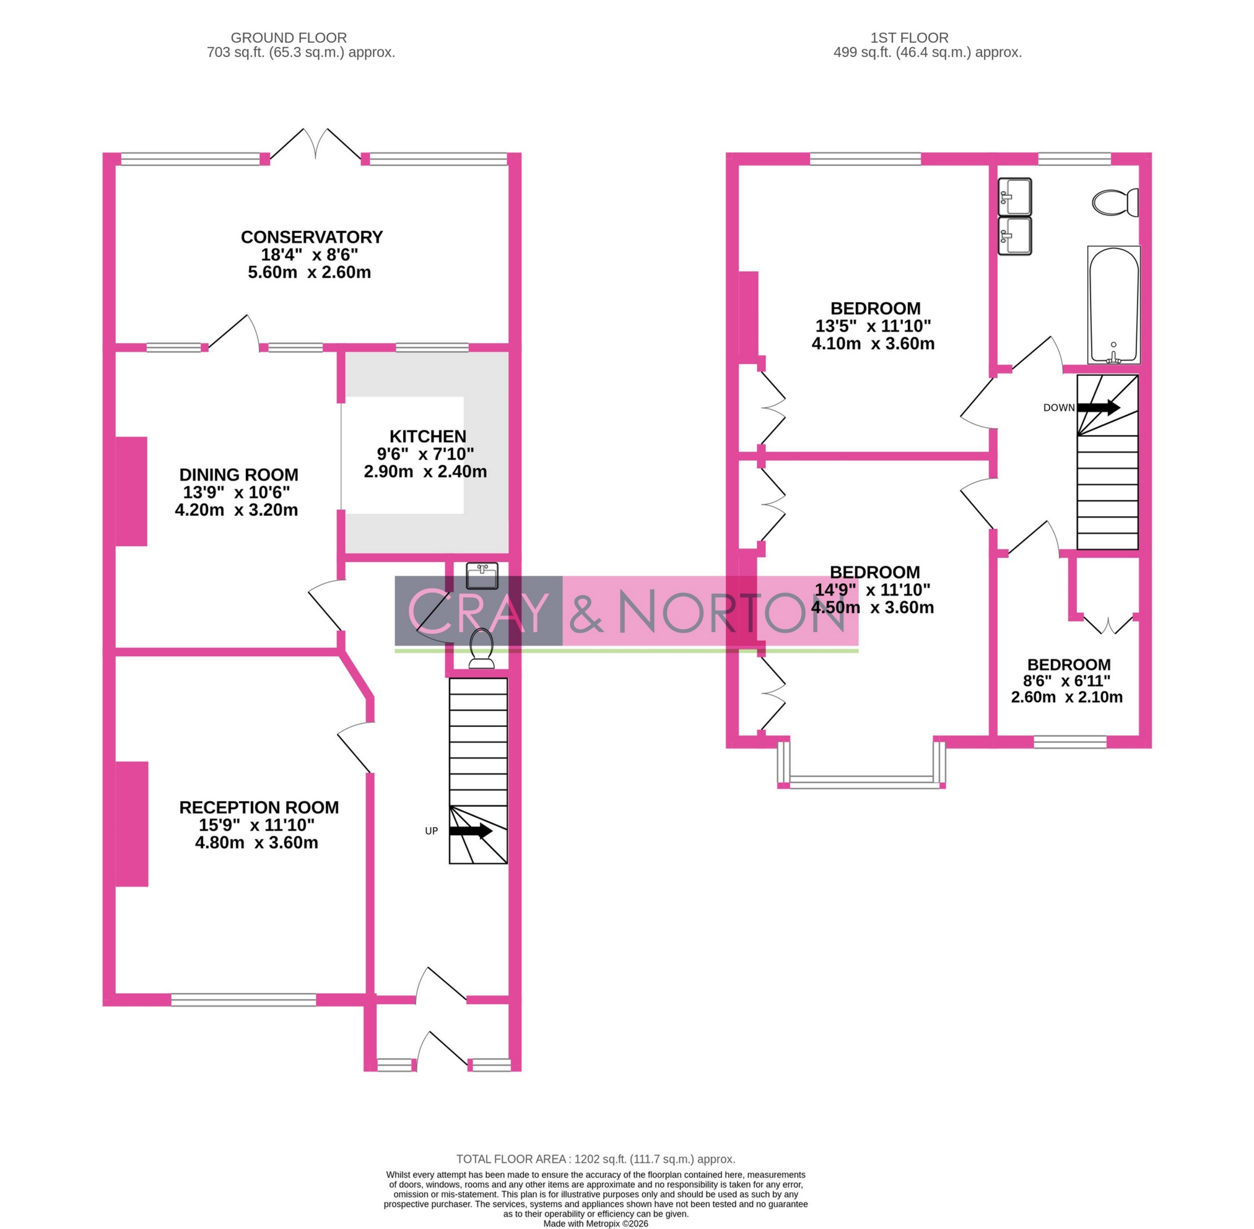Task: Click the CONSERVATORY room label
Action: pyautogui.click(x=311, y=237)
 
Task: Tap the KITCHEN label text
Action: pyautogui.click(x=427, y=436)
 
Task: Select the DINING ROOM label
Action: pyautogui.click(x=238, y=475)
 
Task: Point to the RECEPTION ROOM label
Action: pyautogui.click(x=258, y=807)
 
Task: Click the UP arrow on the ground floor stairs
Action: pyautogui.click(x=470, y=831)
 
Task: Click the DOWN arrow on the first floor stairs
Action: pyautogui.click(x=1098, y=407)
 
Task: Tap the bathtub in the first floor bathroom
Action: pyautogui.click(x=1113, y=305)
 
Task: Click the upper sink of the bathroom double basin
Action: pyautogui.click(x=1014, y=196)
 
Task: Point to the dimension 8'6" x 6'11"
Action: pyautogui.click(x=1066, y=680)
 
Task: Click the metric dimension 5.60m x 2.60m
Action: pyautogui.click(x=309, y=272)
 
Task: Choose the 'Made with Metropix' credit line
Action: pyautogui.click(x=595, y=1223)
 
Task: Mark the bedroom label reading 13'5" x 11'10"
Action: pyautogui.click(x=873, y=326)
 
